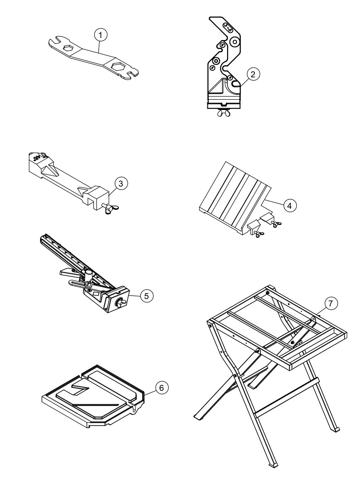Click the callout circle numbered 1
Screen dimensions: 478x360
[101, 35]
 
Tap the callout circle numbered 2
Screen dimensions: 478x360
[253, 74]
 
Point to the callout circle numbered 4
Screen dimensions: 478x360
[290, 206]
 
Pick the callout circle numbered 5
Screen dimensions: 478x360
[147, 296]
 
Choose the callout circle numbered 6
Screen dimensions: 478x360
[161, 388]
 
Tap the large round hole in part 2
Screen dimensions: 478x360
[234, 43]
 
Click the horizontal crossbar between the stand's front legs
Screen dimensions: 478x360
[287, 398]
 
